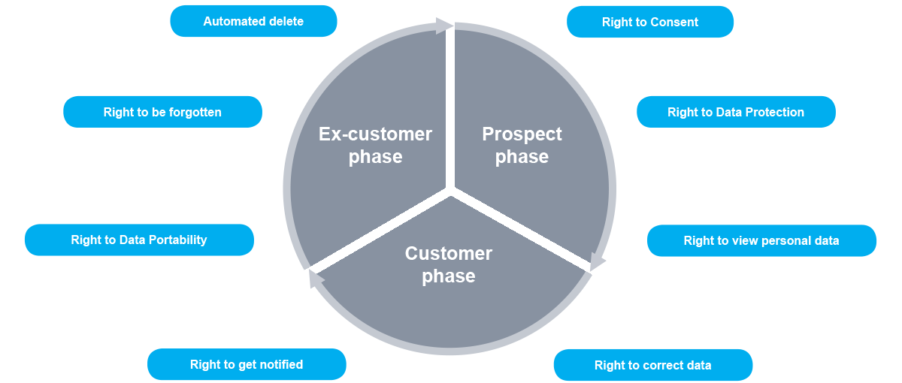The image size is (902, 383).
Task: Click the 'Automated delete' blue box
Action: (253, 22)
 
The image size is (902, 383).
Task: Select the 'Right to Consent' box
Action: (649, 23)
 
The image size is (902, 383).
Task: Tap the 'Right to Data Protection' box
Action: (735, 113)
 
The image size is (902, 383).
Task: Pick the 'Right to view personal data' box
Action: (761, 241)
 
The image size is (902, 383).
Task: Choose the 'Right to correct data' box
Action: (652, 366)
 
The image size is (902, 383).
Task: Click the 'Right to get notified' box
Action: (246, 365)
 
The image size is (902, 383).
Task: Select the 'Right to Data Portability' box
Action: (138, 240)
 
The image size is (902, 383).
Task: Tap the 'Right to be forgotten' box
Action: (162, 113)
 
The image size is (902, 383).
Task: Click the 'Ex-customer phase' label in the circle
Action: (375, 146)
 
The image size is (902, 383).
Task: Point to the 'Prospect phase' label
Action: (522, 146)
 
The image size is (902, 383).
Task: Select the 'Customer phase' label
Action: (448, 265)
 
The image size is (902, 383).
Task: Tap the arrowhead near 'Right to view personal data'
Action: (597, 261)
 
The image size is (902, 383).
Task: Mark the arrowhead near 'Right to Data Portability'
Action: (316, 279)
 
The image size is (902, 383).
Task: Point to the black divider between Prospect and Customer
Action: (507, 223)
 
